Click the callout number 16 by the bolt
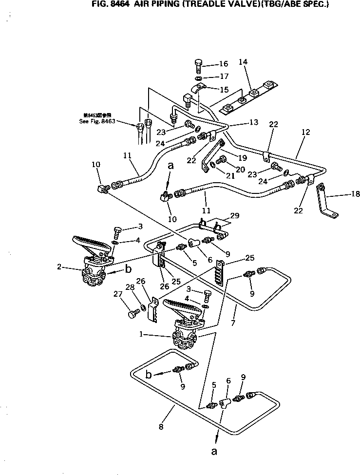click(x=223, y=64)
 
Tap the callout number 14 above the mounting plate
click(x=243, y=62)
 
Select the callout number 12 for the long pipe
click(x=305, y=133)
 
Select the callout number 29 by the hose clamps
click(x=235, y=215)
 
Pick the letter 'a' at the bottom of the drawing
click(x=213, y=451)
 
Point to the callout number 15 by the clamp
click(x=224, y=90)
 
